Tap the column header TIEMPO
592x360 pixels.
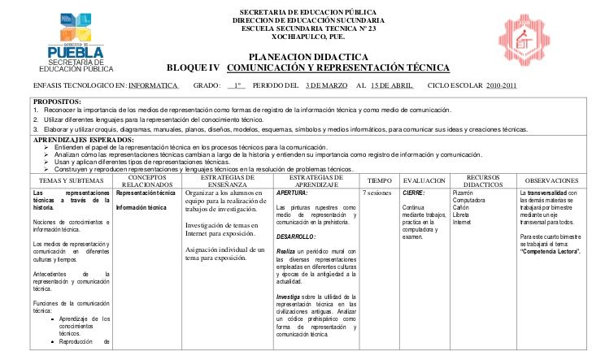(x=379, y=180)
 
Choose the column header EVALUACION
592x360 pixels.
(x=424, y=180)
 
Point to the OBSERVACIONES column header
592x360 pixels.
(x=553, y=180)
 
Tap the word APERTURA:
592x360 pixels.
(x=292, y=193)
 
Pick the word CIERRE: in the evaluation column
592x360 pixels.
(x=413, y=193)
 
